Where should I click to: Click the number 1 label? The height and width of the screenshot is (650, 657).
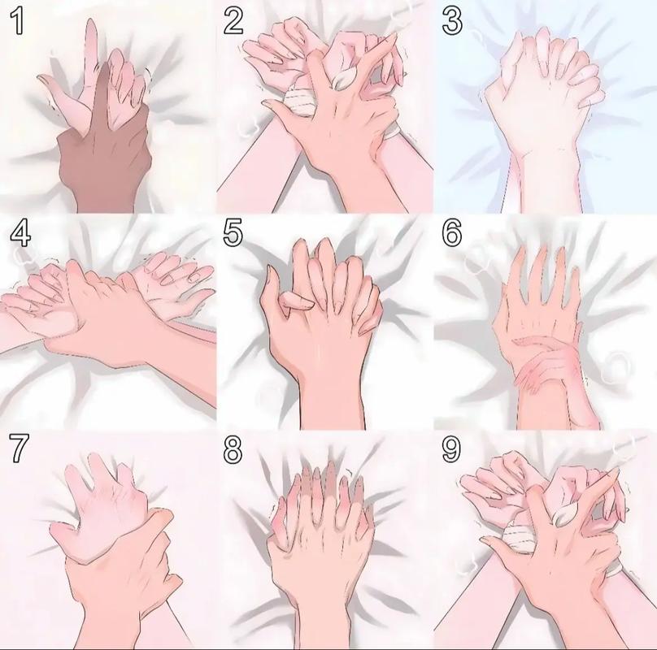click(x=17, y=21)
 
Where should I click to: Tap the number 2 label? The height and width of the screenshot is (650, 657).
click(x=233, y=21)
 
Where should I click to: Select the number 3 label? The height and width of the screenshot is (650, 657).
click(x=452, y=21)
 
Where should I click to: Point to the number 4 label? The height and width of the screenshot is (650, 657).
click(x=20, y=233)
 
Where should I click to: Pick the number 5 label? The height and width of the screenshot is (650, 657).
click(x=233, y=233)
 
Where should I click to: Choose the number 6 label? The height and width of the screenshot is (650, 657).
click(x=452, y=233)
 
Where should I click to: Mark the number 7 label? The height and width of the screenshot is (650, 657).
click(x=19, y=448)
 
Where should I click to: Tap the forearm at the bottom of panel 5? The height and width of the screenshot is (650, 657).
click(x=332, y=402)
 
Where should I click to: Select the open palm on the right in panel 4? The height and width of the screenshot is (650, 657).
click(x=176, y=285)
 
